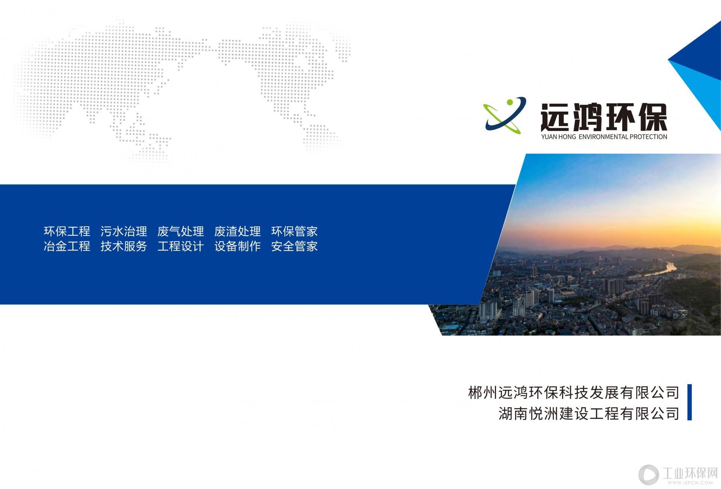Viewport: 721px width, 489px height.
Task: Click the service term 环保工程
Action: pyautogui.click(x=67, y=231)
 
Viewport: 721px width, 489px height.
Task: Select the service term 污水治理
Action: pyautogui.click(x=124, y=231)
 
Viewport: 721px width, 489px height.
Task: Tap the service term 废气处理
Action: pyautogui.click(x=181, y=231)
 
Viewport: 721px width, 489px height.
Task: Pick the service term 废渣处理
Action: pyautogui.click(x=237, y=231)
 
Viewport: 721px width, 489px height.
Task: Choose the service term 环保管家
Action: pyautogui.click(x=294, y=231)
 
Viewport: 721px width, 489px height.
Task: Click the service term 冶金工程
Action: pyautogui.click(x=67, y=246)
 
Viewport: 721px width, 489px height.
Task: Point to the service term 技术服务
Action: pyautogui.click(x=124, y=246)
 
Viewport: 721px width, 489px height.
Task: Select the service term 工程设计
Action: pyautogui.click(x=181, y=246)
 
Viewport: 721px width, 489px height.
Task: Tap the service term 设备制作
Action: pyautogui.click(x=237, y=246)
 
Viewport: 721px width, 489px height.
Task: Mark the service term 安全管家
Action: pyautogui.click(x=294, y=246)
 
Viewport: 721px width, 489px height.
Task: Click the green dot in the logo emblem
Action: pyautogui.click(x=510, y=102)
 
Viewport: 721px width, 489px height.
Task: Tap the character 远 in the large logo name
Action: pyautogui.click(x=556, y=117)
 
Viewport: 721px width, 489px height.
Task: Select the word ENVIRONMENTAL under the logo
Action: pyautogui.click(x=603, y=137)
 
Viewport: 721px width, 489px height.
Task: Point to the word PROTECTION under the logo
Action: pyautogui.click(x=649, y=137)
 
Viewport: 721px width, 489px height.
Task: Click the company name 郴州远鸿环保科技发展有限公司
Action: pyautogui.click(x=573, y=392)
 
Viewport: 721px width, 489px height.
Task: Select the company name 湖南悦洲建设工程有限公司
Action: pyautogui.click(x=589, y=414)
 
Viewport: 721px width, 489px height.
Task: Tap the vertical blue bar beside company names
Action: pyautogui.click(x=689, y=402)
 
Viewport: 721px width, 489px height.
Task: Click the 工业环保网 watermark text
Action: pyautogui.click(x=690, y=473)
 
